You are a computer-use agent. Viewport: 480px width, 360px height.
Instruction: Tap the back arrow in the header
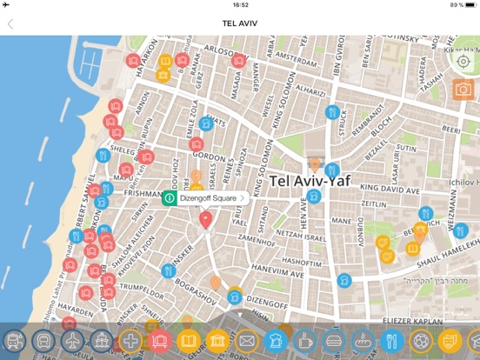[10, 24]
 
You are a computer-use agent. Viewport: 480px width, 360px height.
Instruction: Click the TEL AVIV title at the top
[240, 24]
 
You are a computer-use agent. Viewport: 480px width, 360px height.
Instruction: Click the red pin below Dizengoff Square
[206, 219]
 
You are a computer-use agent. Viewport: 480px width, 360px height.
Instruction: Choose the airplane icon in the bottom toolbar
[73, 341]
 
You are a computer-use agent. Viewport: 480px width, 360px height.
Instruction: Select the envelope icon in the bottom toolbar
[247, 341]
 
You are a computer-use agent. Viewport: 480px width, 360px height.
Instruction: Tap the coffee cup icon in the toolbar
[305, 341]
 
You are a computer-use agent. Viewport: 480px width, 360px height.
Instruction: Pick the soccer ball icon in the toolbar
[422, 341]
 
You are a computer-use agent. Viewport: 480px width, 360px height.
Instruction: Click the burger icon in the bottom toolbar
[335, 341]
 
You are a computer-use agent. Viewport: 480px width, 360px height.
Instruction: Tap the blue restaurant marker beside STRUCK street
[331, 111]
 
